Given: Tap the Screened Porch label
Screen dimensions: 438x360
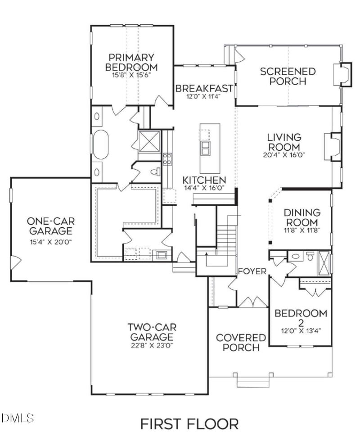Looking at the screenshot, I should pyautogui.click(x=288, y=76).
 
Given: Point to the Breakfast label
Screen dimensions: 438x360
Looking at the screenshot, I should pyautogui.click(x=204, y=88).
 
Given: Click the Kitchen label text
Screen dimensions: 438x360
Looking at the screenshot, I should pyautogui.click(x=204, y=180).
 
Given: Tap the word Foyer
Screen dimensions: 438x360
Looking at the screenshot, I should pyautogui.click(x=252, y=271).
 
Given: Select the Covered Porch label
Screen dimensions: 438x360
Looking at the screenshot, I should pyautogui.click(x=241, y=343).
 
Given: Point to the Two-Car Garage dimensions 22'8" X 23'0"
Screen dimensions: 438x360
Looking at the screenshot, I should pyautogui.click(x=151, y=346).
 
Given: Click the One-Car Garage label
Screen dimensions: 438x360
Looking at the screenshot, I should pyautogui.click(x=50, y=226).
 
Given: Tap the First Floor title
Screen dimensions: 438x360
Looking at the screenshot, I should pyautogui.click(x=189, y=424).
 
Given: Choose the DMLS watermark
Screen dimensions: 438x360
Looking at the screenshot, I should pyautogui.click(x=18, y=418).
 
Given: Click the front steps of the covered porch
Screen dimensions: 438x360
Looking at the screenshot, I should pyautogui.click(x=255, y=381).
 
